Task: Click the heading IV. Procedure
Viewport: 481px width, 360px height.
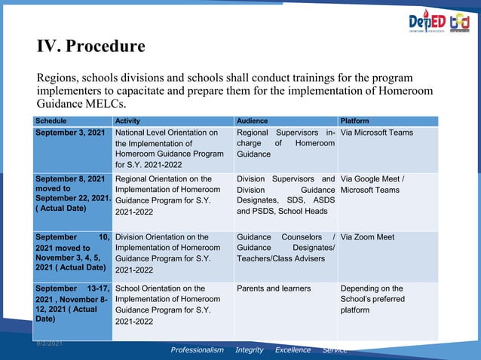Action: point(91,47)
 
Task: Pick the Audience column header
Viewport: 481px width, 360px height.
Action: point(252,121)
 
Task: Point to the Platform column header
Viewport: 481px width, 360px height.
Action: point(354,121)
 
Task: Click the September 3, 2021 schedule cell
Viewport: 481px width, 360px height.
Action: point(70,133)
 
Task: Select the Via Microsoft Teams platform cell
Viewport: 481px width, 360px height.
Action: point(377,133)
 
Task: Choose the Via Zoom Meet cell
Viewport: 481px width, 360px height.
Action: point(367,237)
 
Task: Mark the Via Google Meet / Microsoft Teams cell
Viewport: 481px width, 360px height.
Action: point(372,185)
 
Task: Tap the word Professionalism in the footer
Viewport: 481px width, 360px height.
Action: point(197,350)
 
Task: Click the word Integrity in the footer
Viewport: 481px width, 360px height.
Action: point(250,350)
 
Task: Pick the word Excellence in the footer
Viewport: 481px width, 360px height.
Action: point(293,350)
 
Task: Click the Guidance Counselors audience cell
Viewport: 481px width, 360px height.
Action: point(285,248)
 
